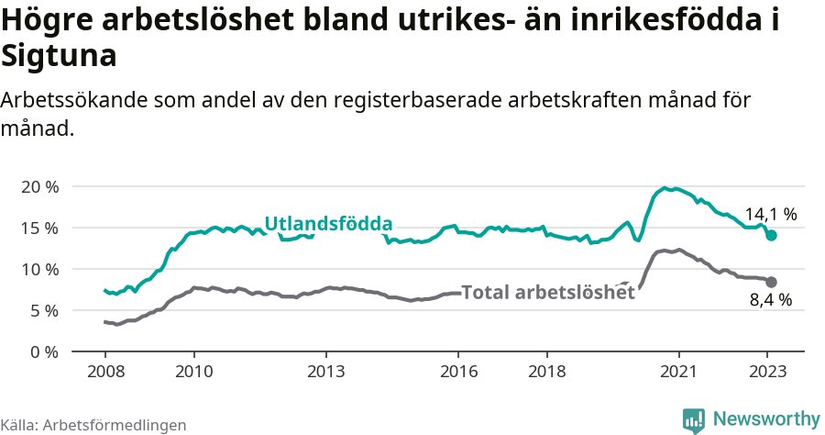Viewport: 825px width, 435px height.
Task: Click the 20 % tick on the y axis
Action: tap(40, 186)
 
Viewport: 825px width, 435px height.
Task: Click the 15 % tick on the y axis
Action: tap(40, 228)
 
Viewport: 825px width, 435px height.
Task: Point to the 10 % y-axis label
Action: tap(40, 269)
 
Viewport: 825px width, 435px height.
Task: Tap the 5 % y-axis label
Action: tap(44, 310)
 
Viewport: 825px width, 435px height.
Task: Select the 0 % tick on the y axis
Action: tap(44, 351)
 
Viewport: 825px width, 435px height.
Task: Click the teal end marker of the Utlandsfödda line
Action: tap(771, 236)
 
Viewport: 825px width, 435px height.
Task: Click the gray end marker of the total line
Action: tap(771, 282)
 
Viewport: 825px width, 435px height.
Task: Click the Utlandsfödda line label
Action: tap(328, 224)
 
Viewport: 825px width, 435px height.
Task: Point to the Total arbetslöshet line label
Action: tap(547, 293)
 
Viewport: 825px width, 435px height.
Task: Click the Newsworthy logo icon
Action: tap(694, 419)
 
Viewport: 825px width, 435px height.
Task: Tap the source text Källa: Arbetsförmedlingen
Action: tap(93, 425)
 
